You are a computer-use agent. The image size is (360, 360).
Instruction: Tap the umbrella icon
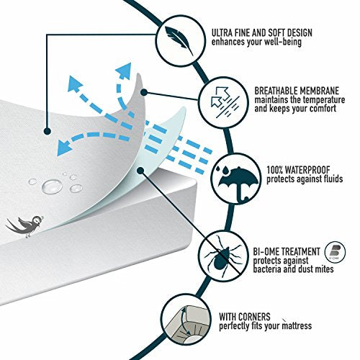pyautogui.click(x=238, y=182)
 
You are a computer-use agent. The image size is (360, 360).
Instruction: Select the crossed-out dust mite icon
pyautogui.click(x=223, y=255)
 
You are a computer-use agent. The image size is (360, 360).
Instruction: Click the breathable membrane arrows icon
pyautogui.click(x=224, y=102)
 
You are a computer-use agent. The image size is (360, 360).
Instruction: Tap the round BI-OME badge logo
pyautogui.click(x=335, y=253)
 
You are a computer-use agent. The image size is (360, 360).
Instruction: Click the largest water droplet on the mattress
pyautogui.click(x=52, y=186)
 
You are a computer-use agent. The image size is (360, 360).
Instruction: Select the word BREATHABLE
pyautogui.click(x=275, y=91)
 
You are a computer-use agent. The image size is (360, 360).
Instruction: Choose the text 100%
pyautogui.click(x=274, y=170)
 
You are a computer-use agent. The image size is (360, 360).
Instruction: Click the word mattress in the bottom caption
pyautogui.click(x=297, y=326)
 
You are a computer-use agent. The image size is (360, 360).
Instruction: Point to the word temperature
pyautogui.click(x=324, y=100)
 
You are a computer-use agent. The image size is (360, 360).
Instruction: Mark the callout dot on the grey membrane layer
pyautogui.click(x=144, y=92)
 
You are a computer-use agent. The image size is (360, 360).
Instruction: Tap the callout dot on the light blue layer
pyautogui.click(x=140, y=171)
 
